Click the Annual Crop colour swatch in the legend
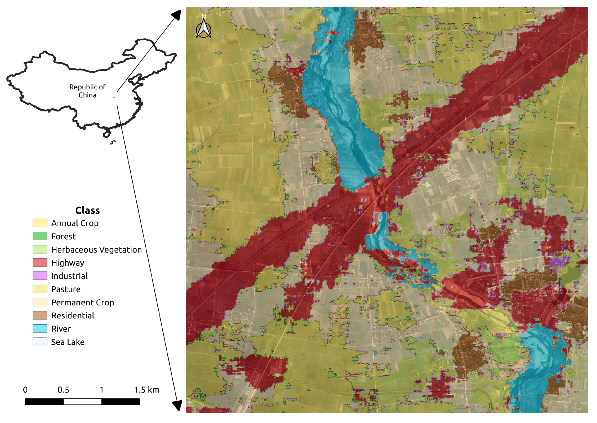[x=40, y=223]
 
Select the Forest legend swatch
[x=40, y=236]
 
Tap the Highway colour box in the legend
[x=40, y=262]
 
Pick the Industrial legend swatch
[x=40, y=275]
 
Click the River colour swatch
[x=40, y=328]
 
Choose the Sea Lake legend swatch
[x=40, y=341]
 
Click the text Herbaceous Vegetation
[x=96, y=249]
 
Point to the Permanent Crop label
[x=83, y=302]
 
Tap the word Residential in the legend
[x=73, y=315]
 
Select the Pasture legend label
[x=66, y=289]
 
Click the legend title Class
[x=87, y=210]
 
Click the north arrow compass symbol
[x=203, y=28]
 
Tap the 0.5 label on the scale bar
[x=63, y=390]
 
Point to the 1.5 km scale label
[x=147, y=390]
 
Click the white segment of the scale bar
[x=82, y=401]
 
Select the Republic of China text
[x=87, y=91]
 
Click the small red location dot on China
[x=114, y=97]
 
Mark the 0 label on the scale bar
[x=25, y=390]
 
